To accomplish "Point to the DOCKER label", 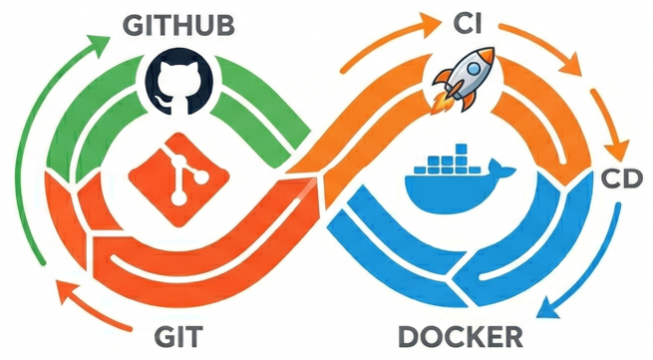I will [x=460, y=334].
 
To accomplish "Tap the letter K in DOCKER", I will [x=483, y=334].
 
